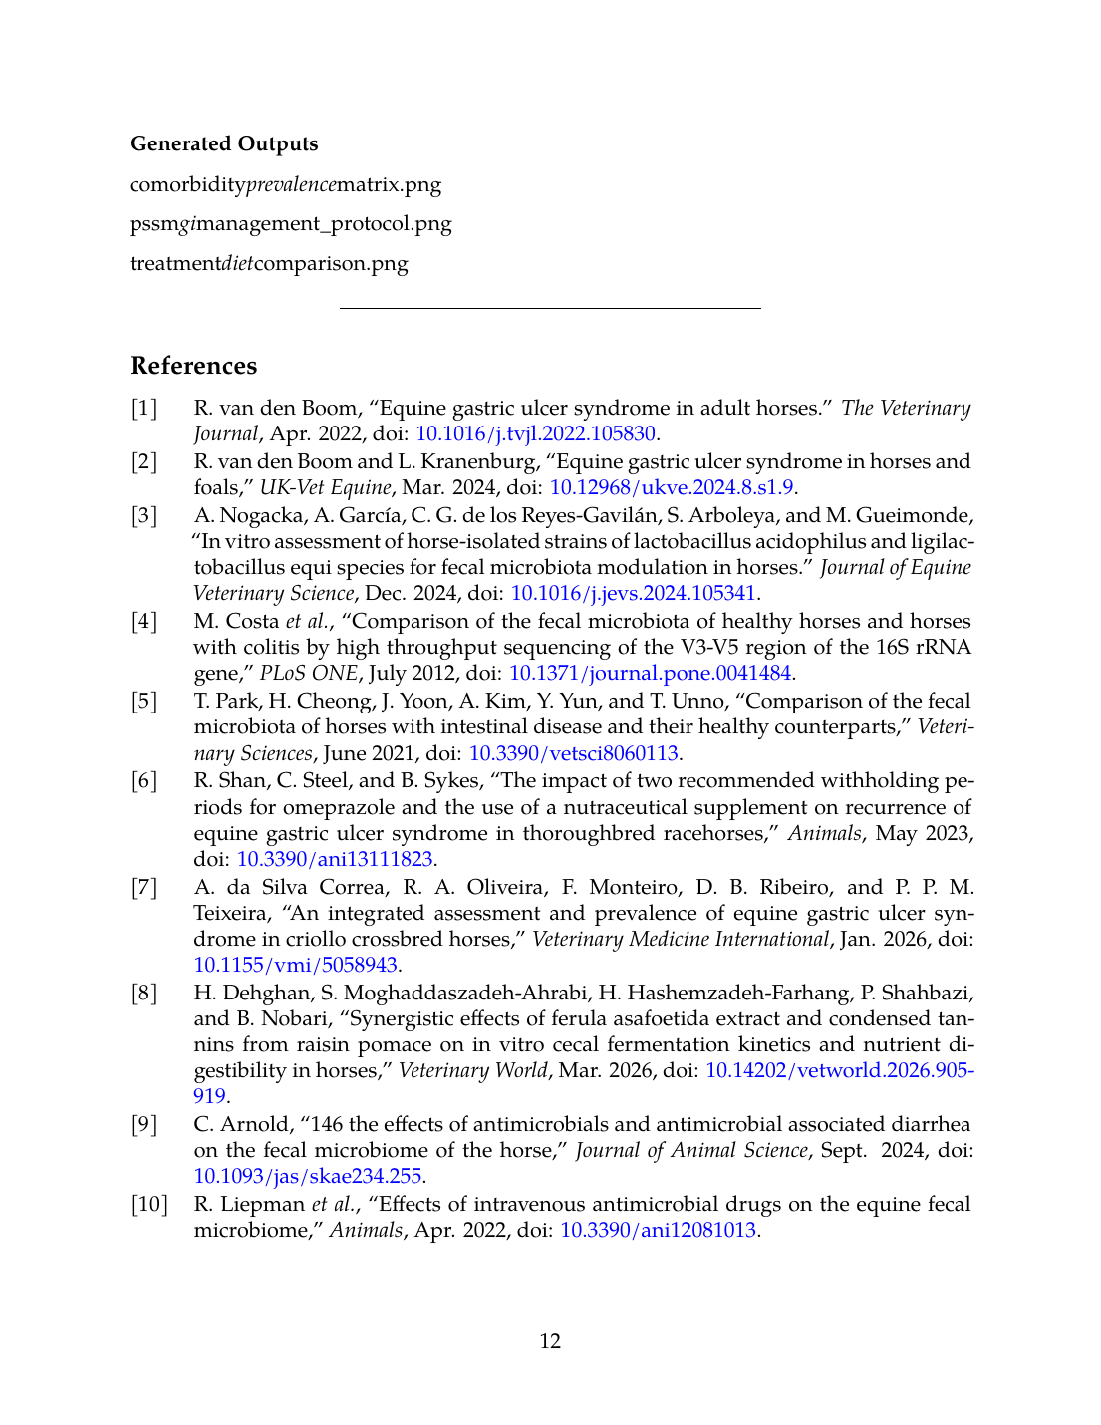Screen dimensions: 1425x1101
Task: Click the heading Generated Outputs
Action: pyautogui.click(x=223, y=143)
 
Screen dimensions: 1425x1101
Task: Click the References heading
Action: pyautogui.click(x=193, y=366)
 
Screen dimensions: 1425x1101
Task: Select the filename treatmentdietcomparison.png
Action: pyautogui.click(x=268, y=263)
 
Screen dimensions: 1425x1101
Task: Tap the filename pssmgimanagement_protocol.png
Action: pyautogui.click(x=290, y=223)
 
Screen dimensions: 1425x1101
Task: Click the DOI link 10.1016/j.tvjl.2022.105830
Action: pyautogui.click(x=535, y=433)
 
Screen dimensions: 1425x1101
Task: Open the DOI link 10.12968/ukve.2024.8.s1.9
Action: pyautogui.click(x=672, y=487)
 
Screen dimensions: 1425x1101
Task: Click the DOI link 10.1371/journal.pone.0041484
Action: pyautogui.click(x=650, y=673)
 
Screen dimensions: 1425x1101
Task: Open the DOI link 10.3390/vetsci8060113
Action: pyautogui.click(x=573, y=753)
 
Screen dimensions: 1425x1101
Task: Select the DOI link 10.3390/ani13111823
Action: pyautogui.click(x=334, y=859)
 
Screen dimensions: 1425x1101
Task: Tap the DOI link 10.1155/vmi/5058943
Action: pyautogui.click(x=296, y=965)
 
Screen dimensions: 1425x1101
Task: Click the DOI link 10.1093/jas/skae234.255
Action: pyautogui.click(x=308, y=1176)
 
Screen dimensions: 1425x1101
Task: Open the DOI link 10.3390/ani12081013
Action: pyautogui.click(x=658, y=1230)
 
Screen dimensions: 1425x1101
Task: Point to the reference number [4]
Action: pyautogui.click(x=144, y=621)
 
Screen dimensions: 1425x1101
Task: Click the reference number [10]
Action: pyautogui.click(x=148, y=1204)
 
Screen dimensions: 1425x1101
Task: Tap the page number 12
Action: pyautogui.click(x=550, y=1341)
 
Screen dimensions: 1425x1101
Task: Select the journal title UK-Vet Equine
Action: pyautogui.click(x=325, y=487)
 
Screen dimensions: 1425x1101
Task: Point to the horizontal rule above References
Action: pyautogui.click(x=550, y=309)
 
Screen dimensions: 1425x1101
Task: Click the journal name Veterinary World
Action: pyautogui.click(x=472, y=1070)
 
